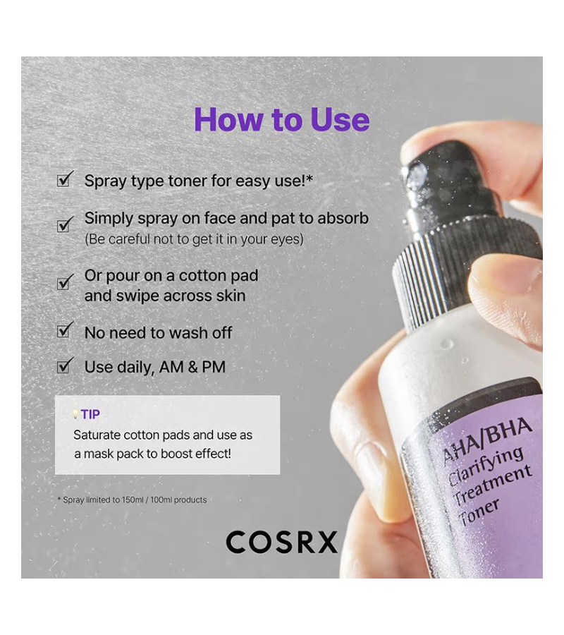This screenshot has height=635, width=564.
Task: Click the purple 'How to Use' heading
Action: point(282,120)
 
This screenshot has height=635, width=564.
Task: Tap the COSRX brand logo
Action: point(281,543)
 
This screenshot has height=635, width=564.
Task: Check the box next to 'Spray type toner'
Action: point(65,179)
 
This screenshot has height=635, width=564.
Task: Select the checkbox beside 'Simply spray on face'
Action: point(65,224)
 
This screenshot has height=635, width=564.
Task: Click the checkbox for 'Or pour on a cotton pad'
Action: point(65,282)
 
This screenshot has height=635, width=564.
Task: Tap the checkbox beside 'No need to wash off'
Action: point(65,330)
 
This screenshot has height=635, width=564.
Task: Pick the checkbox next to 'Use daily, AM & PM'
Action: point(65,365)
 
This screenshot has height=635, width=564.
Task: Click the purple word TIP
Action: point(90,414)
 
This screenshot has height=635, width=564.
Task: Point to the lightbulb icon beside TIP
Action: point(75,414)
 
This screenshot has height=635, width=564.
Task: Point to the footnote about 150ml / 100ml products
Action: point(133,500)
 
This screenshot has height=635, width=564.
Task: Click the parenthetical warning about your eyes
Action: point(194,239)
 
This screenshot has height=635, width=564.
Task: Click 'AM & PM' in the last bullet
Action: point(192,367)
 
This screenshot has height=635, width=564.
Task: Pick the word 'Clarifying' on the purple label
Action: point(486,464)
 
